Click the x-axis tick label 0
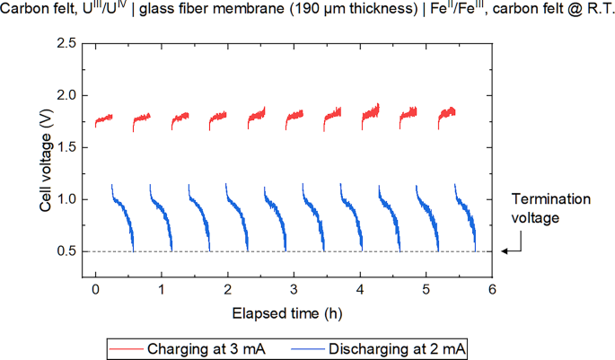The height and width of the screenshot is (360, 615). [x=95, y=290]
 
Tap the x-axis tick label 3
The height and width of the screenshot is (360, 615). [x=294, y=290]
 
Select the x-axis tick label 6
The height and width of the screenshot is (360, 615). [x=492, y=290]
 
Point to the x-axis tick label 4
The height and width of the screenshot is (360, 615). [x=360, y=290]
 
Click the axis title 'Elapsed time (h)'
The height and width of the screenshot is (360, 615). [x=286, y=312]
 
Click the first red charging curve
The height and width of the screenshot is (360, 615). [x=103, y=119]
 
